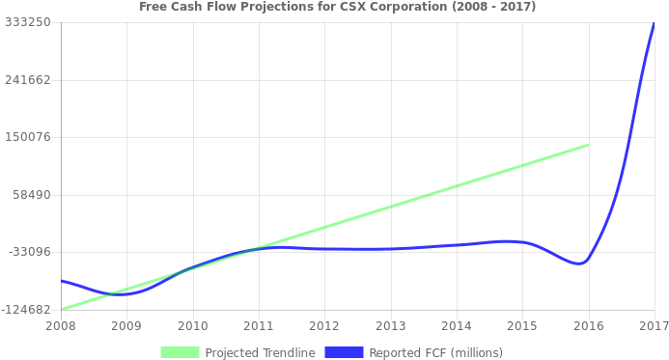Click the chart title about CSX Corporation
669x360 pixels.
click(337, 7)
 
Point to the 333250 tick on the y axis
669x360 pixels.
click(28, 21)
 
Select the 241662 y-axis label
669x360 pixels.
click(28, 79)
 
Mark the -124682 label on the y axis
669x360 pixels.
click(26, 310)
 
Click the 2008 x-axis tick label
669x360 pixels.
click(60, 326)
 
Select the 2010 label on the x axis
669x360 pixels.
click(192, 326)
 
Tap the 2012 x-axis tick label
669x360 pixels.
click(324, 326)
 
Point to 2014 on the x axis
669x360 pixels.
click(457, 326)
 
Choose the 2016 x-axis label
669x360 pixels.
click(588, 326)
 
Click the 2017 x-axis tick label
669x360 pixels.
click(654, 326)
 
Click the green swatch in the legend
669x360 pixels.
click(180, 352)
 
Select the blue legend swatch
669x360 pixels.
click(344, 352)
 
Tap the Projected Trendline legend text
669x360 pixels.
click(260, 352)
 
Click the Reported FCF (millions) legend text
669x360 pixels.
click(435, 352)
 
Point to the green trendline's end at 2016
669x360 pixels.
click(588, 145)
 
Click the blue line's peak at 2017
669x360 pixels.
click(654, 24)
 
